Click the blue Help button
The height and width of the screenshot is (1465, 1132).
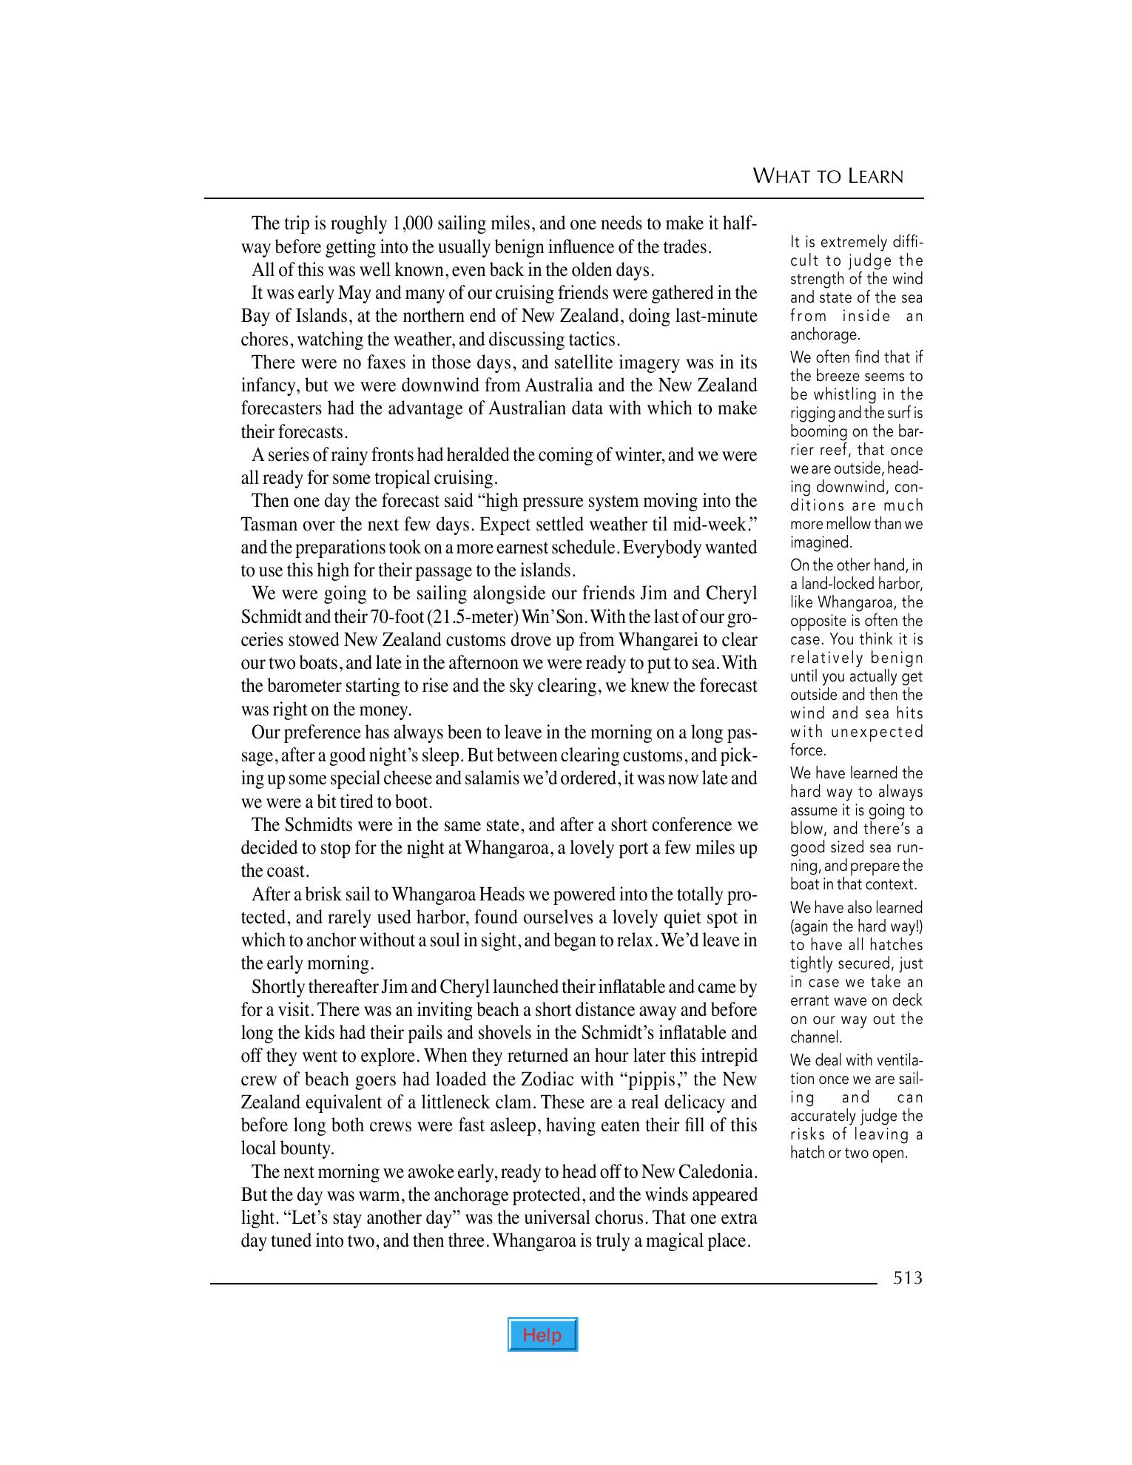542,1334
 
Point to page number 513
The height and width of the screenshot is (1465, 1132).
908,1278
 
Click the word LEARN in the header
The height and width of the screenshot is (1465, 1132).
876,176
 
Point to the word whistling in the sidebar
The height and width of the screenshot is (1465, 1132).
843,394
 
